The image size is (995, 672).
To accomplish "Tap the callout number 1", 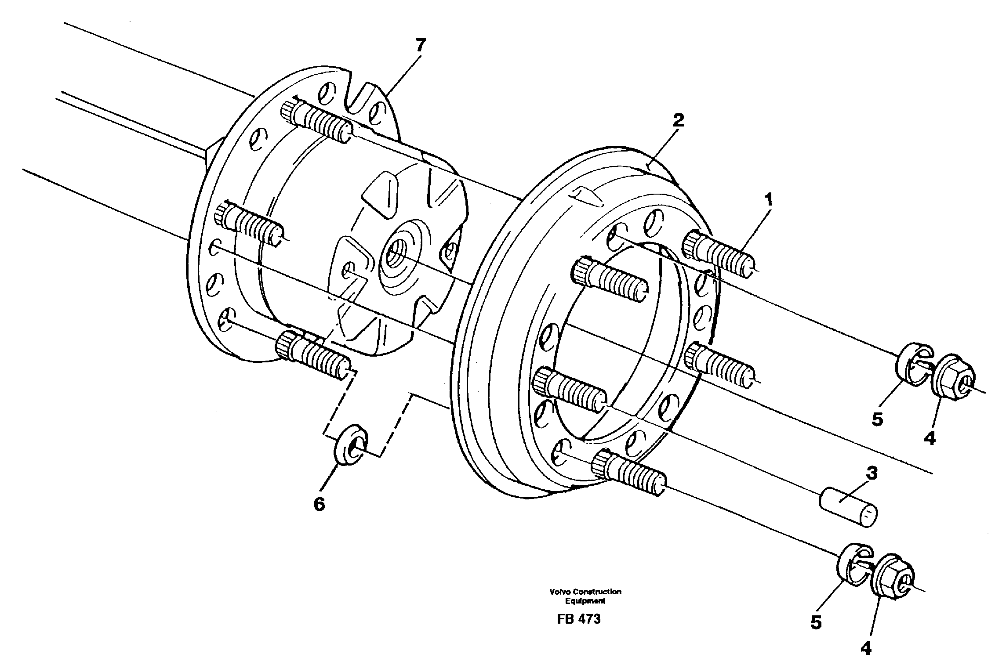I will coord(768,200).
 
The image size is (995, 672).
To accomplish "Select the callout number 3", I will coord(871,473).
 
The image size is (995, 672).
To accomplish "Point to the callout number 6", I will coord(319,504).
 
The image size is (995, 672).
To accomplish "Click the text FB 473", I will coord(578,619).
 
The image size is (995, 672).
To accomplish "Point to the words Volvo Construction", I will coord(585,592).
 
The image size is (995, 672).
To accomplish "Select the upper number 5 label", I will coord(877,419).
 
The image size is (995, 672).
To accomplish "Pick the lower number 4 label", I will coord(866,648).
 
